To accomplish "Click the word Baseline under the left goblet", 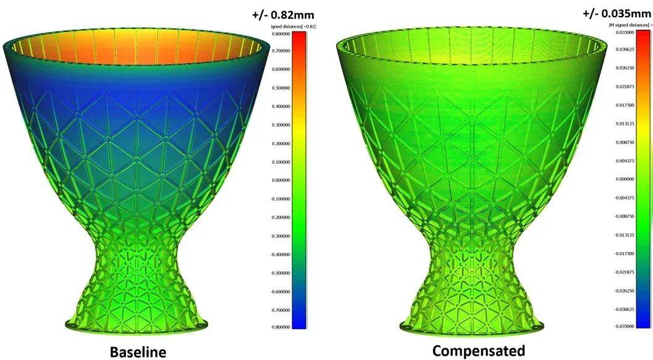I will pyautogui.click(x=138, y=352).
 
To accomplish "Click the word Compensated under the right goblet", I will pyautogui.click(x=478, y=351).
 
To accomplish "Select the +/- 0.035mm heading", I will pyautogui.click(x=615, y=13).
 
